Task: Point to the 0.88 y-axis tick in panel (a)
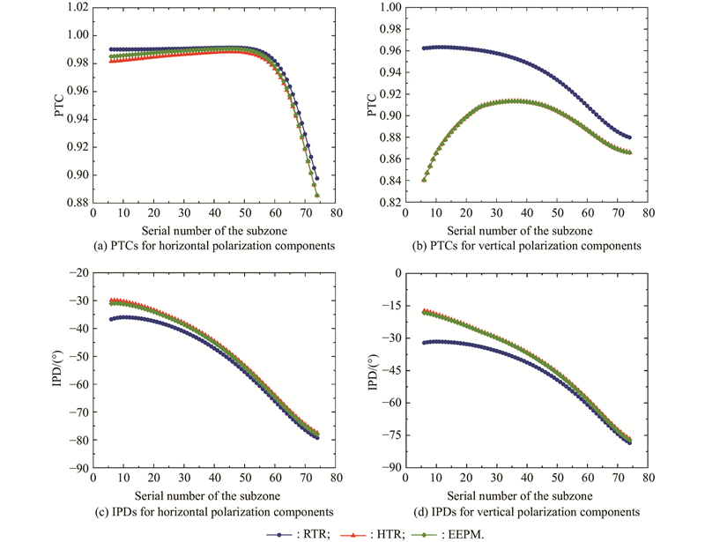pyautogui.click(x=77, y=203)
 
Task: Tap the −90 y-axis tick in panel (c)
pyautogui.click(x=77, y=468)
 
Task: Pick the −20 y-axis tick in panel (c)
pyautogui.click(x=77, y=273)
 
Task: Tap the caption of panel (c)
pyautogui.click(x=213, y=511)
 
